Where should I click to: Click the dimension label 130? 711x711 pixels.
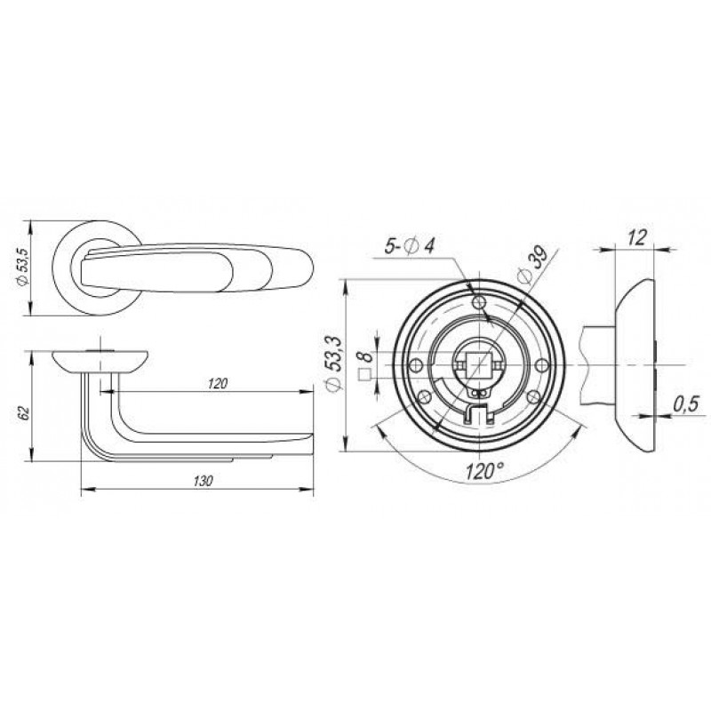tap(203, 481)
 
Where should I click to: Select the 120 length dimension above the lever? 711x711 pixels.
tap(218, 384)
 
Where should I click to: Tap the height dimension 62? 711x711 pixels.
tap(24, 412)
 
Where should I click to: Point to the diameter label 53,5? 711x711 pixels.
tap(23, 268)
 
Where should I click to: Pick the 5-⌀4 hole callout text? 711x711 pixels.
tap(410, 247)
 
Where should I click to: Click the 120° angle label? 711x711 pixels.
tap(484, 472)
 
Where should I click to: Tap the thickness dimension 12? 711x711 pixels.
tap(637, 237)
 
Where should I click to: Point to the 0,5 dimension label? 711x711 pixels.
tap(686, 404)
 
